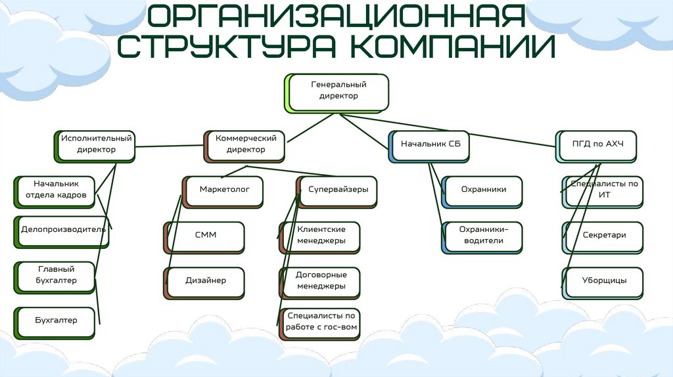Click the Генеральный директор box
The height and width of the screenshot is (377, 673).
[338, 91]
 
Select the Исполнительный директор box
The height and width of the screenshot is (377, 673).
[96, 144]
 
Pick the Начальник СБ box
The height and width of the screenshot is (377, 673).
[430, 144]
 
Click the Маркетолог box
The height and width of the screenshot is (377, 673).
[224, 190]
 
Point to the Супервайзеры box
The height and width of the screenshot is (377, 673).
[338, 190]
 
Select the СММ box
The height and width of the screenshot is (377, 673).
[205, 236]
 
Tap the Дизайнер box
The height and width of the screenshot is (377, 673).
[205, 281]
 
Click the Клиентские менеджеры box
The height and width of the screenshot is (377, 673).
[321, 236]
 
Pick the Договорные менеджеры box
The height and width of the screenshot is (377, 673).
[321, 281]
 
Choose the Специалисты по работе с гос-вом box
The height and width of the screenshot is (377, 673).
[321, 322]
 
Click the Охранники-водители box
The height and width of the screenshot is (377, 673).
[483, 236]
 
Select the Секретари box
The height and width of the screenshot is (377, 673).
[603, 236]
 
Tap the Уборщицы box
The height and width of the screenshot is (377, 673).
[603, 281]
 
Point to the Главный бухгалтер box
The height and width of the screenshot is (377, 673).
[56, 276]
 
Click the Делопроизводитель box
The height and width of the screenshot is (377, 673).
[62, 231]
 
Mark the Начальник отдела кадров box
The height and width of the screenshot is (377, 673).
[56, 190]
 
